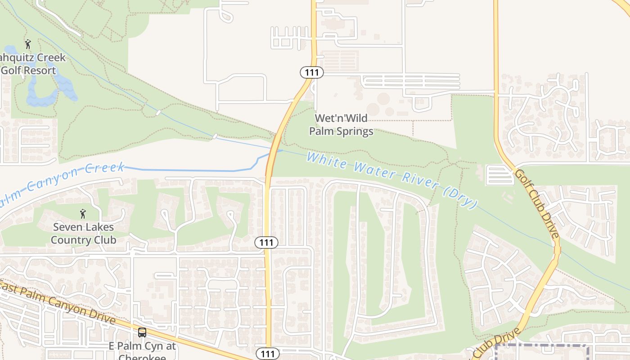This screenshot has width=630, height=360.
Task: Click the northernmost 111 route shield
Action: [312, 72]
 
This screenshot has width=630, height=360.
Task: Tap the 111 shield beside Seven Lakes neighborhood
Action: [266, 243]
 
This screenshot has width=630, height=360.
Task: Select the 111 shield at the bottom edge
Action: [267, 354]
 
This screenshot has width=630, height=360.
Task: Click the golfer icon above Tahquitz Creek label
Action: [28, 44]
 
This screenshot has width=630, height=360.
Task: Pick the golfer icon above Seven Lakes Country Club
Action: [83, 214]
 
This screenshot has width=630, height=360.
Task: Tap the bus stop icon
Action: [142, 333]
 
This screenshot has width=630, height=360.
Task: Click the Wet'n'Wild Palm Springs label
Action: [341, 125]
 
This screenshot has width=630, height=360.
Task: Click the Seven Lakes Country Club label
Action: [83, 233]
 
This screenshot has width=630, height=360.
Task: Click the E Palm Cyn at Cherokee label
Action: [143, 351]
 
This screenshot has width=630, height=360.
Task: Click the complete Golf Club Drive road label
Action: [537, 203]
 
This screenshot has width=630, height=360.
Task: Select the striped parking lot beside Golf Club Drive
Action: [499, 175]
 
